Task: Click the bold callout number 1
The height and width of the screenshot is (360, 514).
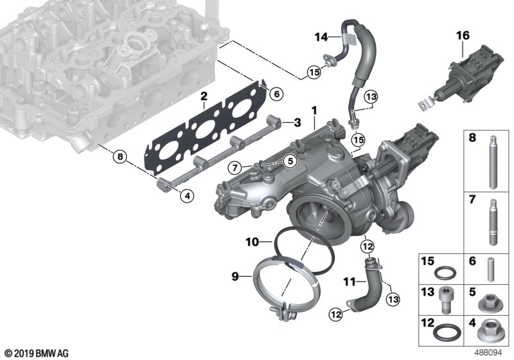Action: (x=315, y=111)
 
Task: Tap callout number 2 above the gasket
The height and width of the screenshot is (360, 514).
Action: (x=204, y=96)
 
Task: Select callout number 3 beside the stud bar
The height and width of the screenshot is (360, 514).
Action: (x=297, y=123)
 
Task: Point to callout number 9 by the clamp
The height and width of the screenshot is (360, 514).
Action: (x=235, y=276)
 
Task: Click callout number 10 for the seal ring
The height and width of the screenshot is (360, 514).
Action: (x=253, y=242)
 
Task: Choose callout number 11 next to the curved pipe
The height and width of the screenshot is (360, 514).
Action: (x=350, y=282)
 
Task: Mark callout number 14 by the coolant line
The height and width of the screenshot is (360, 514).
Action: (x=321, y=37)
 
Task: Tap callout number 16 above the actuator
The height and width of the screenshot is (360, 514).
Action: (x=463, y=35)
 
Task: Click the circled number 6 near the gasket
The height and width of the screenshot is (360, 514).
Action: (x=276, y=94)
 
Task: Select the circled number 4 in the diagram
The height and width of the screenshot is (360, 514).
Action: (x=187, y=196)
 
